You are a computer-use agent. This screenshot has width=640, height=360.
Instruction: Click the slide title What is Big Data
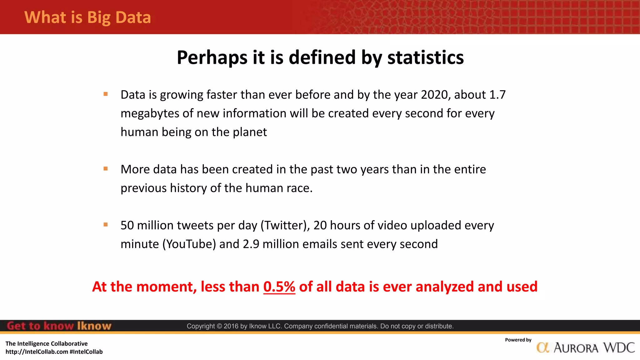click(87, 17)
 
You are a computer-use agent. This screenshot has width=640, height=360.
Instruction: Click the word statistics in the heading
click(425, 57)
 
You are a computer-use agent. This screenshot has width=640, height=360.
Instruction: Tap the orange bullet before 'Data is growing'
click(106, 94)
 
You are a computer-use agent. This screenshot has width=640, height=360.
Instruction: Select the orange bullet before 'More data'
click(106, 169)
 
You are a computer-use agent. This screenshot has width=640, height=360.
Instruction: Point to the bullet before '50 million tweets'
click(106, 225)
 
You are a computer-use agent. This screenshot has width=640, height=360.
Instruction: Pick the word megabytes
click(150, 114)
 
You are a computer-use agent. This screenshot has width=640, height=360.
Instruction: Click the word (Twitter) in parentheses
click(285, 225)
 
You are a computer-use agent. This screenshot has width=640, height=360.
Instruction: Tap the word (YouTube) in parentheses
click(189, 244)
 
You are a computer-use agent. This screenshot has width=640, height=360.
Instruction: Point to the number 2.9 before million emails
click(251, 244)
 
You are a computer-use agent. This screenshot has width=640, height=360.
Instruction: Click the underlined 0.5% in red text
click(279, 287)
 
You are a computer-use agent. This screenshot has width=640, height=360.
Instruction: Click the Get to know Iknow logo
click(59, 326)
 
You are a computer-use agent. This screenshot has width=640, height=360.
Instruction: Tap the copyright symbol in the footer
click(219, 326)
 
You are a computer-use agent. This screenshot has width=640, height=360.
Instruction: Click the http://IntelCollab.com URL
click(37, 352)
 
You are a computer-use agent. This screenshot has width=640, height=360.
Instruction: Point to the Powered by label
click(518, 340)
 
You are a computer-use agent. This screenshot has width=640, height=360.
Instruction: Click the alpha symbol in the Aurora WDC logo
click(543, 348)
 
